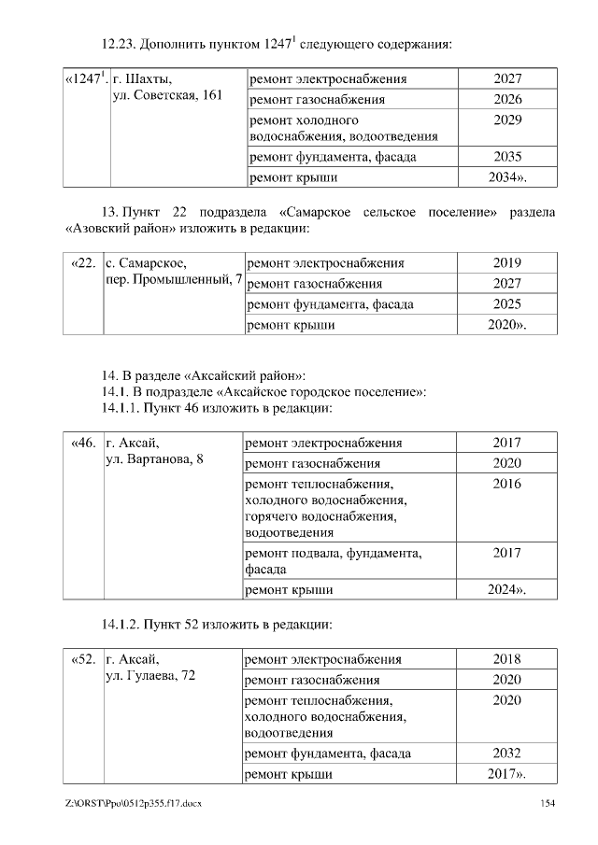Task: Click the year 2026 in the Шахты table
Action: coord(507,99)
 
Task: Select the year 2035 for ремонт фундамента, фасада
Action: coord(507,157)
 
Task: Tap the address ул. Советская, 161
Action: coord(166,97)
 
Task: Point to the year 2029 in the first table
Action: coord(507,120)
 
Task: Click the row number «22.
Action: coord(83,262)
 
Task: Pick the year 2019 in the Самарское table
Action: coord(507,262)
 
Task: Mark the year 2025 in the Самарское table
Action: coord(507,303)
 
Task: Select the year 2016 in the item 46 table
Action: coord(507,484)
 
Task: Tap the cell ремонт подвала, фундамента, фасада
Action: coord(332,560)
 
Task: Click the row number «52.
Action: coord(83,658)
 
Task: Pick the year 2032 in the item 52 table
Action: coord(507,753)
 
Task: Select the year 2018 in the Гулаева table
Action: coord(507,658)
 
